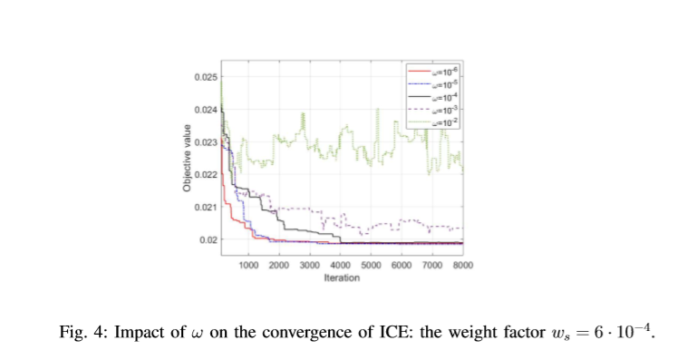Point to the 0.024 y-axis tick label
pos(205,110)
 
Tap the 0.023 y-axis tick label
pos(205,142)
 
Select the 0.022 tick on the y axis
pos(205,174)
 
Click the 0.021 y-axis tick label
pos(205,207)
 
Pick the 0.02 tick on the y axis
pos(208,239)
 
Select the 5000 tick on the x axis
pos(371,265)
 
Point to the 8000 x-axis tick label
pos(462,265)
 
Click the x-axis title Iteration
pos(342,277)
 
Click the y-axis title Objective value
pos(186,159)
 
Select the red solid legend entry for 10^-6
pos(435,70)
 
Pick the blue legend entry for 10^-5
pos(435,83)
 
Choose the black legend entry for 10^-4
pos(435,95)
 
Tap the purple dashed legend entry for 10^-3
pos(435,108)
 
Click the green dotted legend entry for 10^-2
pos(435,121)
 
